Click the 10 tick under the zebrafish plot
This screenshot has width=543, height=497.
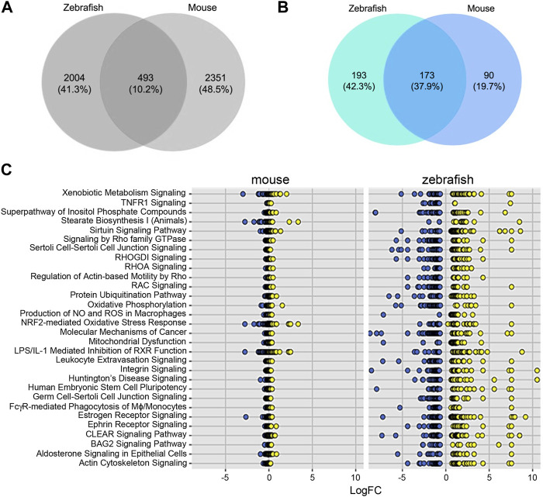coord(534,475)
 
